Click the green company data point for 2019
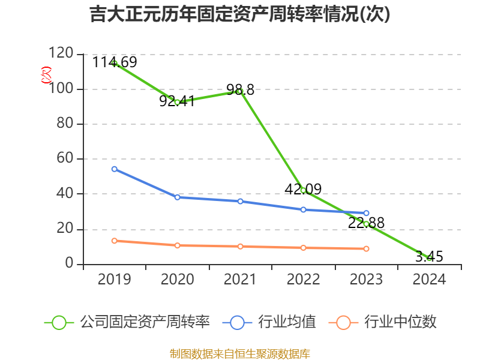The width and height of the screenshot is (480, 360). tap(114, 63)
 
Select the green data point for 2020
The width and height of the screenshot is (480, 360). tap(177, 102)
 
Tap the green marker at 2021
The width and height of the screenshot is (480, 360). tap(240, 91)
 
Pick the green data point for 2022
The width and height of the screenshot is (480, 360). tap(303, 190)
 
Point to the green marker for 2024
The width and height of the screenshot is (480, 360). tap(429, 257)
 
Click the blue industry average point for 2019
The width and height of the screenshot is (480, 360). tap(114, 169)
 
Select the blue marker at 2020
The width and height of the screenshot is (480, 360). tap(177, 197)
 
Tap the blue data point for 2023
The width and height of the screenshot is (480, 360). tap(366, 213)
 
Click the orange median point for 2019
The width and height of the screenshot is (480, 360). tap(114, 241)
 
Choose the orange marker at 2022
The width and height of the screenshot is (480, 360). tap(303, 247)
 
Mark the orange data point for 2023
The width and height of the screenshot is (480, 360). tap(366, 248)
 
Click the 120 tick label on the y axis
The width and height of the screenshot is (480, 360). tap(61, 54)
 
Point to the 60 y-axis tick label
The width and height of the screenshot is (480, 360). tap(65, 159)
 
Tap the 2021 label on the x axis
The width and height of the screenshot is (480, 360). tap(240, 280)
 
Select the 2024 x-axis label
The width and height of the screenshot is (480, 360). tap(429, 280)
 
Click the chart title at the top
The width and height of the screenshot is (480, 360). tap(240, 14)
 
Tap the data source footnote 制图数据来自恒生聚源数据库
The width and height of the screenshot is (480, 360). tap(240, 353)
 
